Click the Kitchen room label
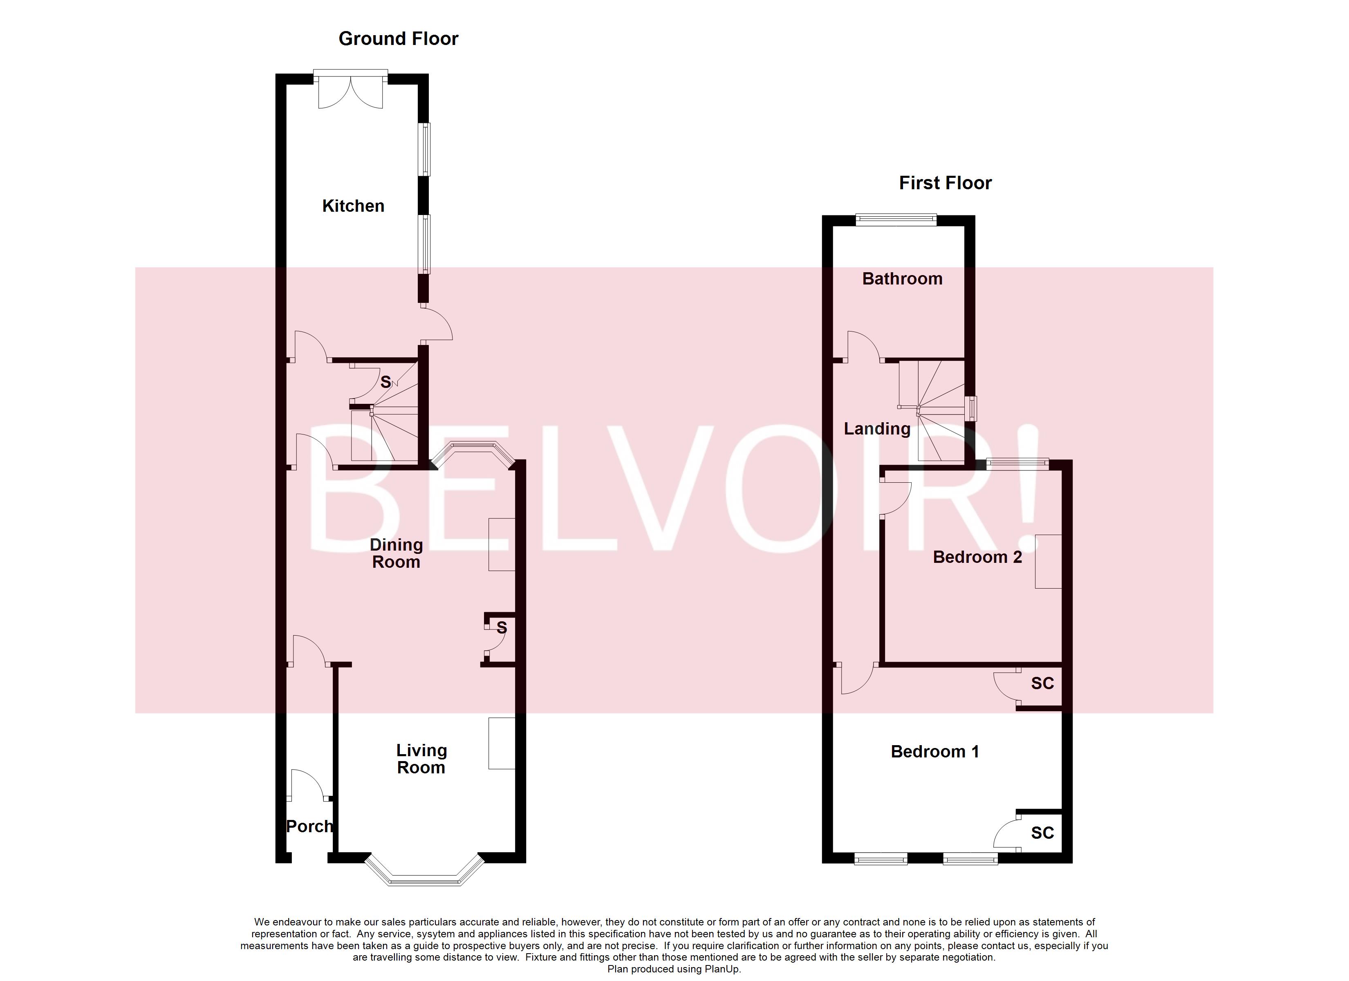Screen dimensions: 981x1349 [x=353, y=206]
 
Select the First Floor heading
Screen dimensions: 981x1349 [x=945, y=183]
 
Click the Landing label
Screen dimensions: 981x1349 [x=877, y=428]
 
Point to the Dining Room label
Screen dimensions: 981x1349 [x=396, y=553]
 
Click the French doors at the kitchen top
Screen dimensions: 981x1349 [x=350, y=90]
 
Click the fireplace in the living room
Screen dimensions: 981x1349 [x=502, y=743]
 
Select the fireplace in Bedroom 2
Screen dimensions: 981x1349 [x=1048, y=561]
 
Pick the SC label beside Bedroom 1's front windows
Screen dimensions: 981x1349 [x=1042, y=833]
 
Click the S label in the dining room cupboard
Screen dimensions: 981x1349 [x=502, y=627]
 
